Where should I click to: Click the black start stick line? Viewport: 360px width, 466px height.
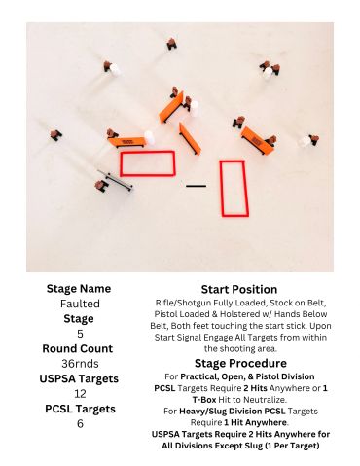[x=196, y=186]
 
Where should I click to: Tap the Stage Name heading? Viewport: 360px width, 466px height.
[x=79, y=288]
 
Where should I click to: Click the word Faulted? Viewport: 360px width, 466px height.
[x=80, y=304]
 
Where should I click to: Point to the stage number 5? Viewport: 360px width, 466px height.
[x=80, y=334]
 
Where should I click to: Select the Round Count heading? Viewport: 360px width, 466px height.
[x=78, y=348]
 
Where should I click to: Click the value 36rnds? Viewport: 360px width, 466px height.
[x=80, y=364]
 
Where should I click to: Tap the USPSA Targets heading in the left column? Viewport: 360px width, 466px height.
[x=79, y=378]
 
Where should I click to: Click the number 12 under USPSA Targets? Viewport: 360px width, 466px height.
[x=80, y=394]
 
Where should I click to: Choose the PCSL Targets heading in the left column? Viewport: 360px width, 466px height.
[x=80, y=409]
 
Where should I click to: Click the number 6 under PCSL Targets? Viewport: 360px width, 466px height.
[x=80, y=423]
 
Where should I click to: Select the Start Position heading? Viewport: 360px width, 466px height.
[x=239, y=289]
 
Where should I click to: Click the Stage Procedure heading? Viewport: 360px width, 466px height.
[x=240, y=363]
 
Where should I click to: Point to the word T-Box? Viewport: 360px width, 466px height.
[x=204, y=400]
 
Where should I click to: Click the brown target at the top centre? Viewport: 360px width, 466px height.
[x=171, y=44]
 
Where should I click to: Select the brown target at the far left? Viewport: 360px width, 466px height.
[x=55, y=135]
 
